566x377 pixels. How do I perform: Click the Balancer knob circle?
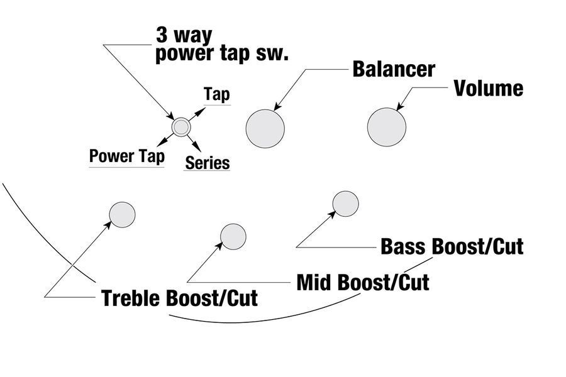(265, 129)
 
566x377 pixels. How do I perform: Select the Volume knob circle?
(387, 127)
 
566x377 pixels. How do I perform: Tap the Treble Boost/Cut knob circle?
(123, 215)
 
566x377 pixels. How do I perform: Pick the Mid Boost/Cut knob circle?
(233, 237)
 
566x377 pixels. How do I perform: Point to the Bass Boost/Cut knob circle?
(345, 204)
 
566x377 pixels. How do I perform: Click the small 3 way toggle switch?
(181, 127)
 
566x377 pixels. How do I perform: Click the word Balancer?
(394, 69)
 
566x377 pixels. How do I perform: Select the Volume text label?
(489, 89)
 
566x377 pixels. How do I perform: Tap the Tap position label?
(217, 94)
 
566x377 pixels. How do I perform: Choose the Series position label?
(208, 163)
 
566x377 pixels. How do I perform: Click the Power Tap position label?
(127, 156)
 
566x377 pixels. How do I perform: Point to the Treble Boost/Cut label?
(180, 298)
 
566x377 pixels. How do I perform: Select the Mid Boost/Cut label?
(363, 282)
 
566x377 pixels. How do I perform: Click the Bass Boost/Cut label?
(452, 246)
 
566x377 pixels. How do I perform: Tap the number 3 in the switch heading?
(162, 35)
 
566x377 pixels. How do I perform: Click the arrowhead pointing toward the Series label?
(197, 146)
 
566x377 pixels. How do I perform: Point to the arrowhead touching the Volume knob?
(401, 106)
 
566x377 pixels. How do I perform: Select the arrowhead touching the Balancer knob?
(278, 106)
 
